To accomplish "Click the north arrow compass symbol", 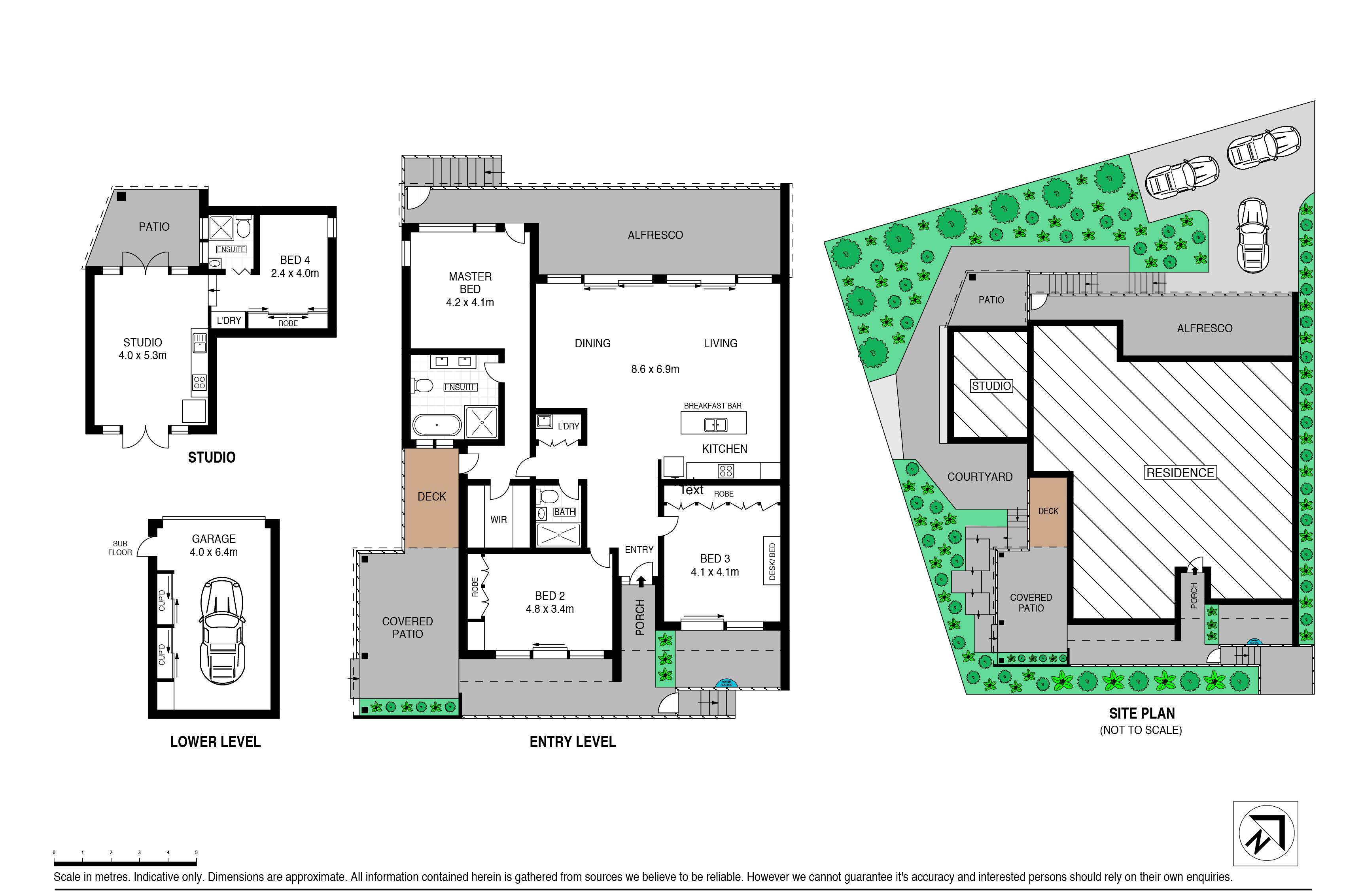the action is [1266, 833].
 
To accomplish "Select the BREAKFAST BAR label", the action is [712, 406].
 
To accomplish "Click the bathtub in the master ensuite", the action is [437, 425].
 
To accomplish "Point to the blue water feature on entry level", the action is [726, 683].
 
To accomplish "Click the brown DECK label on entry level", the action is [431, 497].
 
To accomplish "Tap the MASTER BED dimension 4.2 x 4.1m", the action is [470, 303].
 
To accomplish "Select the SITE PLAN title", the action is [1141, 713].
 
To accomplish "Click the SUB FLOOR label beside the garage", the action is [120, 548].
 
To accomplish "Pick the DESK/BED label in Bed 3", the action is [772, 562].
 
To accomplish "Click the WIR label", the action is [498, 520].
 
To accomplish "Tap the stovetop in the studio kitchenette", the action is [199, 382].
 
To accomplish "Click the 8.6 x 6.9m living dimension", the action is [655, 369].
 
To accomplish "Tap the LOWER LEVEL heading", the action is [215, 742].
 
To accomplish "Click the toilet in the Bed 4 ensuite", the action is [244, 228].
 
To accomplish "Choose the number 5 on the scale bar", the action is [196, 853].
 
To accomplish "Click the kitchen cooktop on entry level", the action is [725, 471].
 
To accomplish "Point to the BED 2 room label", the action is [550, 596].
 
